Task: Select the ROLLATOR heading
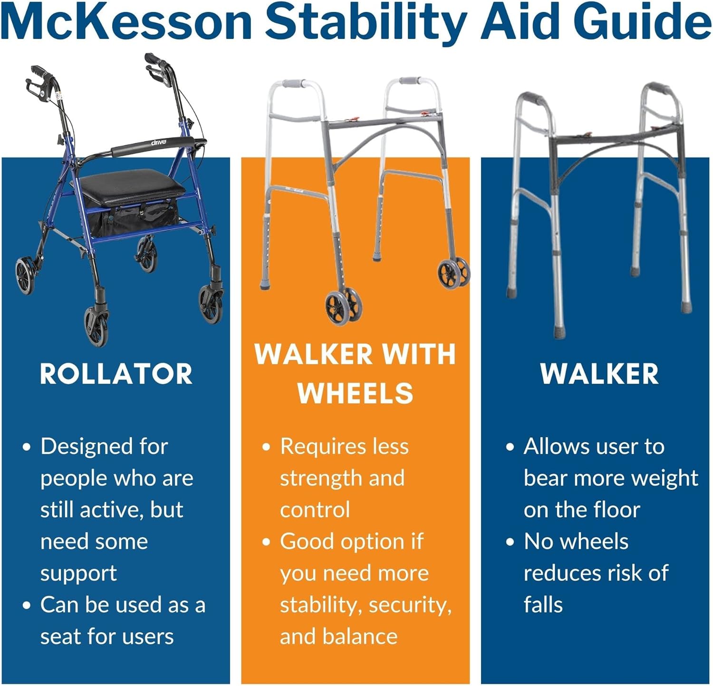coord(116,374)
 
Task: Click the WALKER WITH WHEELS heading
coord(355,374)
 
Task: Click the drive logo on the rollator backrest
coord(159,142)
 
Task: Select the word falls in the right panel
coord(543,605)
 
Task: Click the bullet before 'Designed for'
coord(27,447)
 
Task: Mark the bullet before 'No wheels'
coord(510,542)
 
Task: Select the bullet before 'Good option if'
coord(266,542)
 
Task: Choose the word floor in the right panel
coord(617,510)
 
